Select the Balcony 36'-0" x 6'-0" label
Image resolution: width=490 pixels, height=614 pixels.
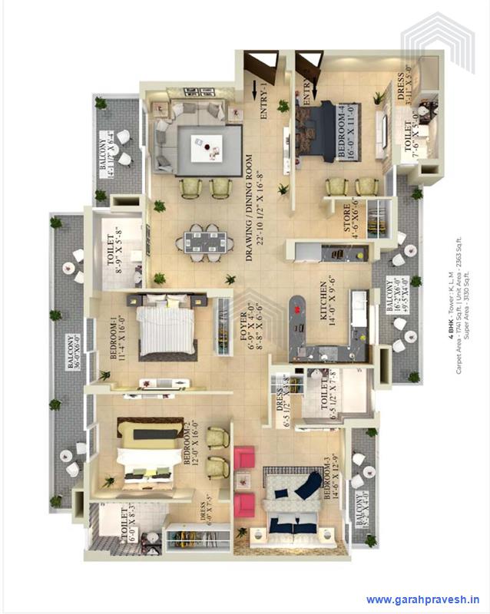(74, 354)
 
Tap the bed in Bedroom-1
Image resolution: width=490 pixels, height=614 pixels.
(167, 326)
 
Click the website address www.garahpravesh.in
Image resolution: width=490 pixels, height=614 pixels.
(423, 599)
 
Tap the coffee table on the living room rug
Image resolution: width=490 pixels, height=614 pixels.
(207, 144)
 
